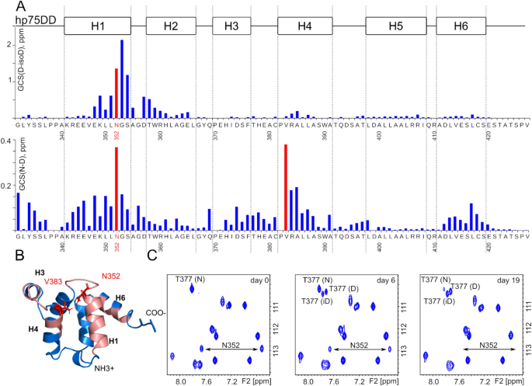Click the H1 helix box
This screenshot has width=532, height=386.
98,26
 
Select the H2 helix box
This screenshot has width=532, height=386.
172,26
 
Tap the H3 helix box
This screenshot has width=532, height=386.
231,26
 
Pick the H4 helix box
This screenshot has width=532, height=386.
305,26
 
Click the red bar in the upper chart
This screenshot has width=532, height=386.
116,92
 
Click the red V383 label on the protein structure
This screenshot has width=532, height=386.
54,280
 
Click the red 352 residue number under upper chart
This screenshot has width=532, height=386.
117,135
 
